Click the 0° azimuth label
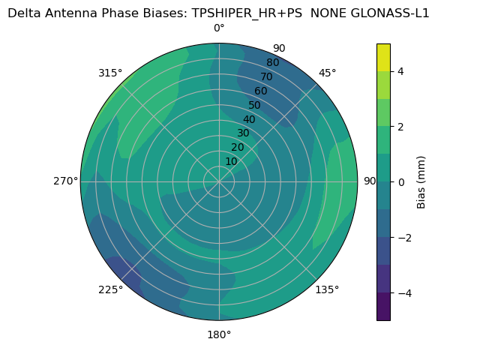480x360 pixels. point(219,28)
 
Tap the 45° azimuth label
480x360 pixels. point(328,73)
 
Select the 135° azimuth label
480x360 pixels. point(327,289)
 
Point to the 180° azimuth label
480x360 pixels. point(219,334)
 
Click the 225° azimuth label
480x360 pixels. point(110,290)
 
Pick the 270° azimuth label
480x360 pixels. point(66,181)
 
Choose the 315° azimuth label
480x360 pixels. point(110,73)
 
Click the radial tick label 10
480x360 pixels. point(231,161)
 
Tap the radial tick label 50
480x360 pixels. point(255,105)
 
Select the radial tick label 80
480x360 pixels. point(273,63)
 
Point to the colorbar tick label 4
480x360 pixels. point(401,71)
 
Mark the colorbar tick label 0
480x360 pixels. point(401,181)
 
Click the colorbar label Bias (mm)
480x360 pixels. point(421,181)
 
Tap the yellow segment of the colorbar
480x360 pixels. point(383,57)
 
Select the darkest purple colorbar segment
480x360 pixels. point(383,306)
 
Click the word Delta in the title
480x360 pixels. point(24,13)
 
